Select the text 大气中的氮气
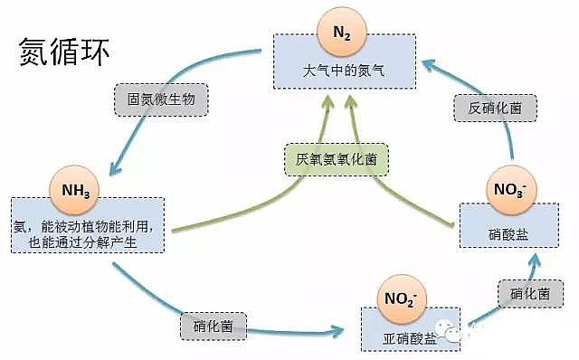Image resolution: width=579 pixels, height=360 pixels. point(344,70)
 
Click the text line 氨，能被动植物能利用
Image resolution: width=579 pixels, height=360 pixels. point(88,225)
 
